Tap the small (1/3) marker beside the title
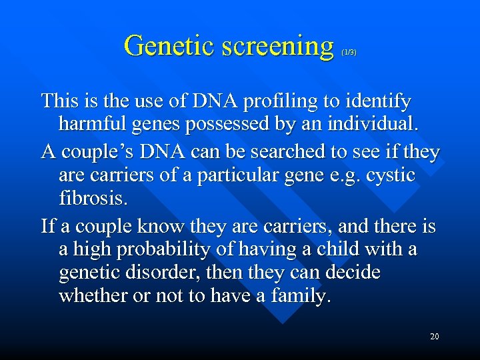[x=348, y=52]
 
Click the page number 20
[x=434, y=337]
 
